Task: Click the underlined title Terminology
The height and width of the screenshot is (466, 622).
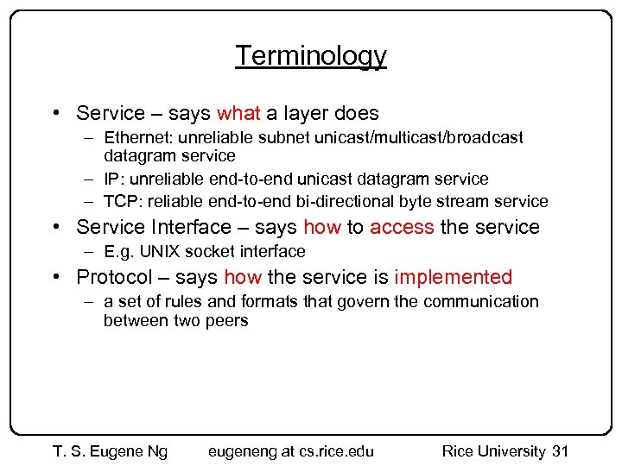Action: tap(311, 56)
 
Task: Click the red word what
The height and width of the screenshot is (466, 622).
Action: tap(238, 113)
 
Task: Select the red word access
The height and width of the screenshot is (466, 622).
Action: tap(402, 228)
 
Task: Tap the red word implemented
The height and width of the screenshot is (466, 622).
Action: tap(454, 278)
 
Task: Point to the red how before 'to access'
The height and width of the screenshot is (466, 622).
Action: tap(321, 228)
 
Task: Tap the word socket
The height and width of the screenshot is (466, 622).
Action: tap(212, 252)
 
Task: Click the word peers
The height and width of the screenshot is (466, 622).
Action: tap(227, 321)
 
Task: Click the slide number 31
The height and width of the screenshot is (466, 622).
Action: tap(560, 451)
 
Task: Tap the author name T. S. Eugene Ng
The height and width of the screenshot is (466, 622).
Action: tap(110, 451)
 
